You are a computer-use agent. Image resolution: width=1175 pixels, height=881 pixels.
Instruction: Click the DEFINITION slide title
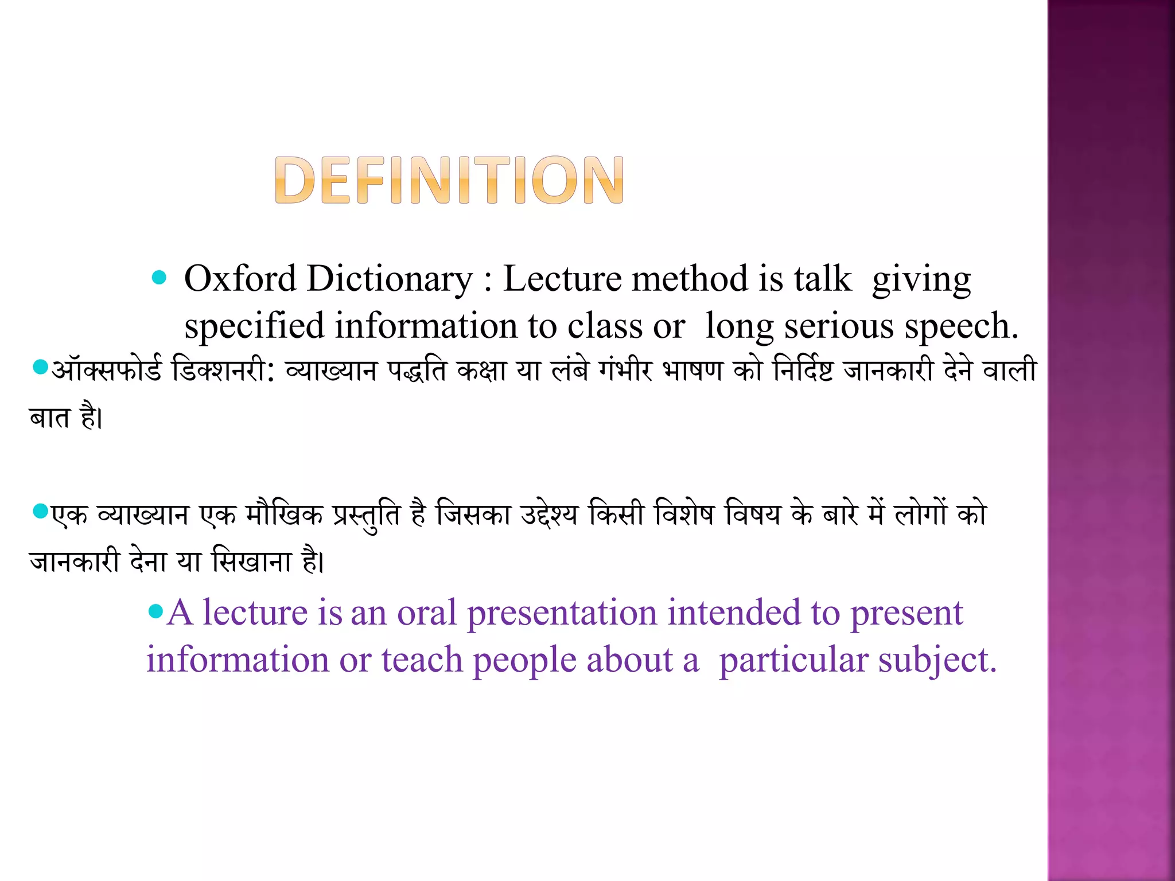click(x=449, y=180)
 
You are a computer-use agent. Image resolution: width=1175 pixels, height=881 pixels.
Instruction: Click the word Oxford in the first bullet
click(x=240, y=279)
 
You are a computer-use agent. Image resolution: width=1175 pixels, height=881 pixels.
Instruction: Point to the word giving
click(x=921, y=281)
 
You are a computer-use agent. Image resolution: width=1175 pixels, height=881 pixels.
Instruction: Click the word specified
click(x=254, y=326)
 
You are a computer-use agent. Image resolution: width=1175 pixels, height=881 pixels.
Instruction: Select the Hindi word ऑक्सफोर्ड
click(x=107, y=370)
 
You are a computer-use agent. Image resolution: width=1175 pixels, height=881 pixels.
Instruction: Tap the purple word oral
click(x=427, y=613)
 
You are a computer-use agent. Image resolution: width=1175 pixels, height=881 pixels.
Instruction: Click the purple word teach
click(x=422, y=660)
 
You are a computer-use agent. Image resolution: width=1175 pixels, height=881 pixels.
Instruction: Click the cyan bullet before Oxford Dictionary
click(x=159, y=278)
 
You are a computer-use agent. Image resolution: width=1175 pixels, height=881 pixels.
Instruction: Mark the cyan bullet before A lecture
click(x=155, y=611)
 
